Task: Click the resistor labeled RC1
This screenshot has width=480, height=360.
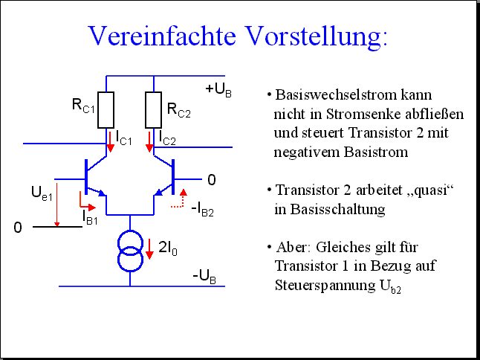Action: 106,110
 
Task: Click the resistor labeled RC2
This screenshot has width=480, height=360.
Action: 153,110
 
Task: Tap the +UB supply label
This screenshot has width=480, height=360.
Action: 218,90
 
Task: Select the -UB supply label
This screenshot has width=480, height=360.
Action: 204,277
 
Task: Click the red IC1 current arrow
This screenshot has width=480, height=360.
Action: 110,142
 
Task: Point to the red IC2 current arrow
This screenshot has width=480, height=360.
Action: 149,142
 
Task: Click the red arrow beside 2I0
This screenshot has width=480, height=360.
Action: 149,249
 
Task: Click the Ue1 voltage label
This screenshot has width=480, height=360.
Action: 42,193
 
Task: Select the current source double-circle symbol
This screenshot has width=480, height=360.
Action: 130,251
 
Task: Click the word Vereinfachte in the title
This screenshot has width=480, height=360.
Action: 162,36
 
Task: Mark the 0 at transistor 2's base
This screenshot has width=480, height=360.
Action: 212,180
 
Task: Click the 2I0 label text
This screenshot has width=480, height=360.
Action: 168,248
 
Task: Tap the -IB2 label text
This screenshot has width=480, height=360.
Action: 202,210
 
